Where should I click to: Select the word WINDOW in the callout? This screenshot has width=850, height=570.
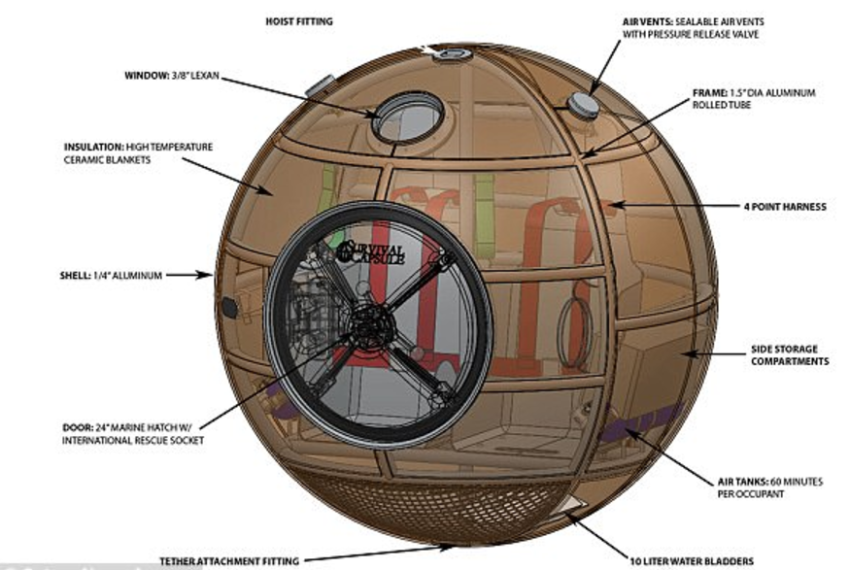pos(146,76)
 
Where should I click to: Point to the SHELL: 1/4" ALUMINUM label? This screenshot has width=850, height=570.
pos(109,276)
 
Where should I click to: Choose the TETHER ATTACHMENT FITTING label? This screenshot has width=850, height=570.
pos(229,560)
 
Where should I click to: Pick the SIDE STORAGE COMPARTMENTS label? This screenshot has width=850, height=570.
pos(790,354)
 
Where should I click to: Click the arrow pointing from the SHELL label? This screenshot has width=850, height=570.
pos(190,276)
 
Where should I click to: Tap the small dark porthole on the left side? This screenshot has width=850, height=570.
pos(229,308)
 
